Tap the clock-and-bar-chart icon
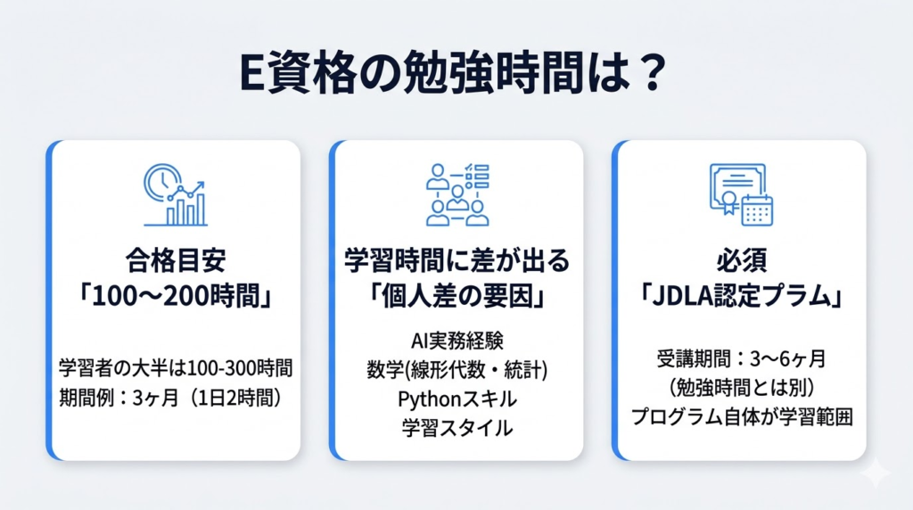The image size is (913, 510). [175, 194]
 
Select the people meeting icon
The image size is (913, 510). [456, 194]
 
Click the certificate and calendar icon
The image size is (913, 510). [740, 194]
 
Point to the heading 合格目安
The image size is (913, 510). [175, 261]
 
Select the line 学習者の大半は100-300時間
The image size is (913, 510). [175, 367]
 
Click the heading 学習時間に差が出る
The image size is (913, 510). [456, 261]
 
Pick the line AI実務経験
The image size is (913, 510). [456, 340]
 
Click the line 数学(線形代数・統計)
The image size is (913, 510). [456, 369]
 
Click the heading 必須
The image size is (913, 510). [740, 261]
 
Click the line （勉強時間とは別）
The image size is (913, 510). [740, 388]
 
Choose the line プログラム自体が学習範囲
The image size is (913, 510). [740, 417]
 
